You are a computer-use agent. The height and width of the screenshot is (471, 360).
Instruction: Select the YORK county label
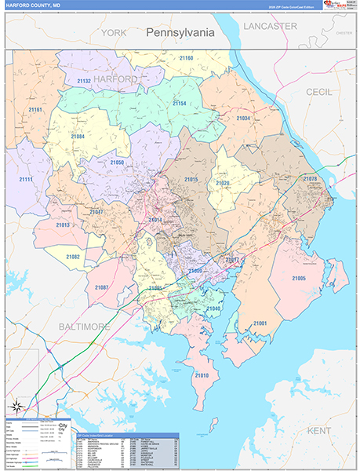coord(113,33)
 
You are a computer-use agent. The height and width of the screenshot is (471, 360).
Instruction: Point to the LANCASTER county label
coord(270,26)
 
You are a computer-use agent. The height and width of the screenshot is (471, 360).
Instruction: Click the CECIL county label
coord(318,92)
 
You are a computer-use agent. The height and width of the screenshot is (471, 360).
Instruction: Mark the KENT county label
coord(319,431)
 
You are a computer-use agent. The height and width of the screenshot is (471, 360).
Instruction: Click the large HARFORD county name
coord(115,79)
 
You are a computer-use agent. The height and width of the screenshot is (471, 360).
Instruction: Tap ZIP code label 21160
coord(186,58)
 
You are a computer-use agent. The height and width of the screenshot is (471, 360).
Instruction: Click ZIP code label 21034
coord(243,119)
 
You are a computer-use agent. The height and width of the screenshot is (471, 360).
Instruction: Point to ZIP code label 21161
coord(34,111)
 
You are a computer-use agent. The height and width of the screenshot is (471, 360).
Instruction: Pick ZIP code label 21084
coord(78,137)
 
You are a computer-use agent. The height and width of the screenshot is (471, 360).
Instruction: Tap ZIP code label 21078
coord(310,179)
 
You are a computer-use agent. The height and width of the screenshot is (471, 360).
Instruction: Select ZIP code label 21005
coord(298,279)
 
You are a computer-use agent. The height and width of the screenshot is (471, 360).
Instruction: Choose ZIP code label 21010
coord(202,376)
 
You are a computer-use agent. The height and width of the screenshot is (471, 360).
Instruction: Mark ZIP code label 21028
coord(223,184)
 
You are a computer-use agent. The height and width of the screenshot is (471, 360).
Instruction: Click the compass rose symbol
coord(16,406)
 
